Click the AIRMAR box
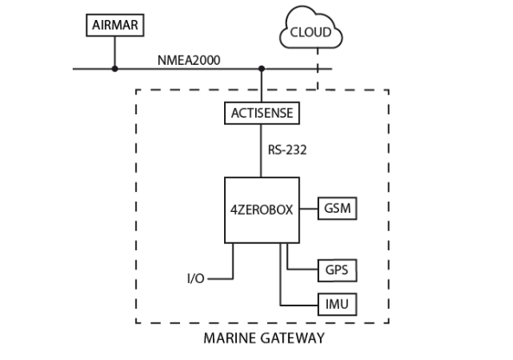(x=115, y=25)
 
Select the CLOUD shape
(x=311, y=28)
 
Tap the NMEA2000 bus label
(x=189, y=61)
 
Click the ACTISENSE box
(x=262, y=113)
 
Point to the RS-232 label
(x=287, y=150)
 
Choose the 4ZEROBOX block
(x=262, y=210)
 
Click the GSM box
(x=337, y=209)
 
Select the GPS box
(x=337, y=270)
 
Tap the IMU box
(x=337, y=305)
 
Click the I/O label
(x=196, y=279)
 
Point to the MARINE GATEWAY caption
(x=264, y=338)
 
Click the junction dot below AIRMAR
(x=115, y=68)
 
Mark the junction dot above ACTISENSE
(x=261, y=68)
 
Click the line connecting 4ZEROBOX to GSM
(x=309, y=209)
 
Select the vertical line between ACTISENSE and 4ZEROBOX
(x=261, y=151)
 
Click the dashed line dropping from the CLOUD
(x=317, y=68)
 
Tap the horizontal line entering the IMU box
(x=299, y=305)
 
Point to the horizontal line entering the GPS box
(x=303, y=269)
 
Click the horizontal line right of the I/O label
(x=221, y=279)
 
